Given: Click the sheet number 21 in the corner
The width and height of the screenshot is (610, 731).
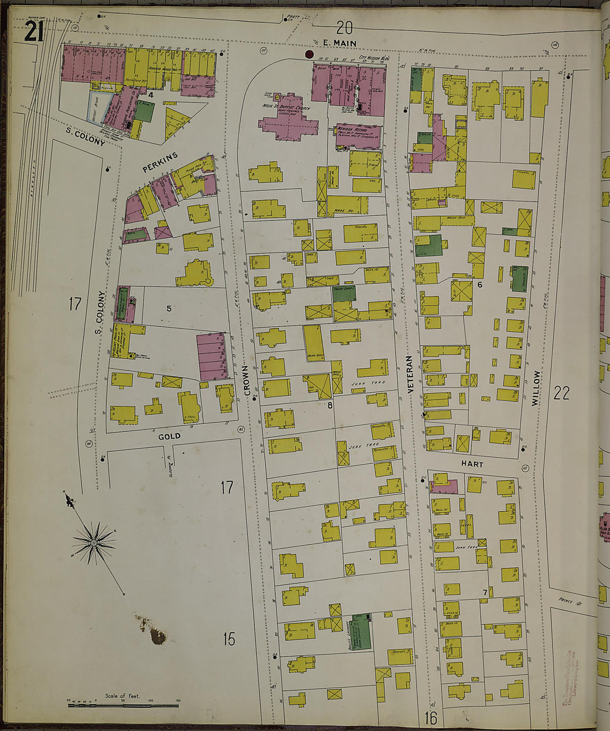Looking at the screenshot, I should tap(33, 33).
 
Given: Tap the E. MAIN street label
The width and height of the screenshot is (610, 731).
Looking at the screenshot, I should tap(339, 43).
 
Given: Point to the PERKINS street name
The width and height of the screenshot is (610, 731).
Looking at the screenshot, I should tap(160, 162).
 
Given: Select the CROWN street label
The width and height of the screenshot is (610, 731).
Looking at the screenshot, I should tap(247, 380).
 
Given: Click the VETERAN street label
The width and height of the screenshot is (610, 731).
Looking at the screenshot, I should tap(411, 375).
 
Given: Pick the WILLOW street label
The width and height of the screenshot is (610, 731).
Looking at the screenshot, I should tap(536, 388).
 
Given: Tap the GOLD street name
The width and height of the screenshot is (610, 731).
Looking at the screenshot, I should tap(169, 436).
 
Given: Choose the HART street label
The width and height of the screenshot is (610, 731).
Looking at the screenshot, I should tap(472, 464).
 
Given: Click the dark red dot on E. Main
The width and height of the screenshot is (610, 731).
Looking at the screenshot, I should tap(309, 54).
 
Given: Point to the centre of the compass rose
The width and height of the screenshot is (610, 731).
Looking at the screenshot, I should tap(94, 542).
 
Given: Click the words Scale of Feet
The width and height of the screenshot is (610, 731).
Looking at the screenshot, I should tap(123, 696).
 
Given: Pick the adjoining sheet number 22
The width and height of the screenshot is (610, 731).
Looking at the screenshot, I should tap(561, 393).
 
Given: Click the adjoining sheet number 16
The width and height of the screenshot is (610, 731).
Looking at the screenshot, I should tap(431, 718).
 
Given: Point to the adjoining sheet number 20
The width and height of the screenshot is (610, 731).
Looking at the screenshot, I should tap(344, 27).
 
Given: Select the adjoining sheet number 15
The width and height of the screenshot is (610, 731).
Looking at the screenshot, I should tap(229, 639).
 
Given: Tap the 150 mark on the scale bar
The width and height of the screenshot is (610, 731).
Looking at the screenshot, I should tap(178, 701).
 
